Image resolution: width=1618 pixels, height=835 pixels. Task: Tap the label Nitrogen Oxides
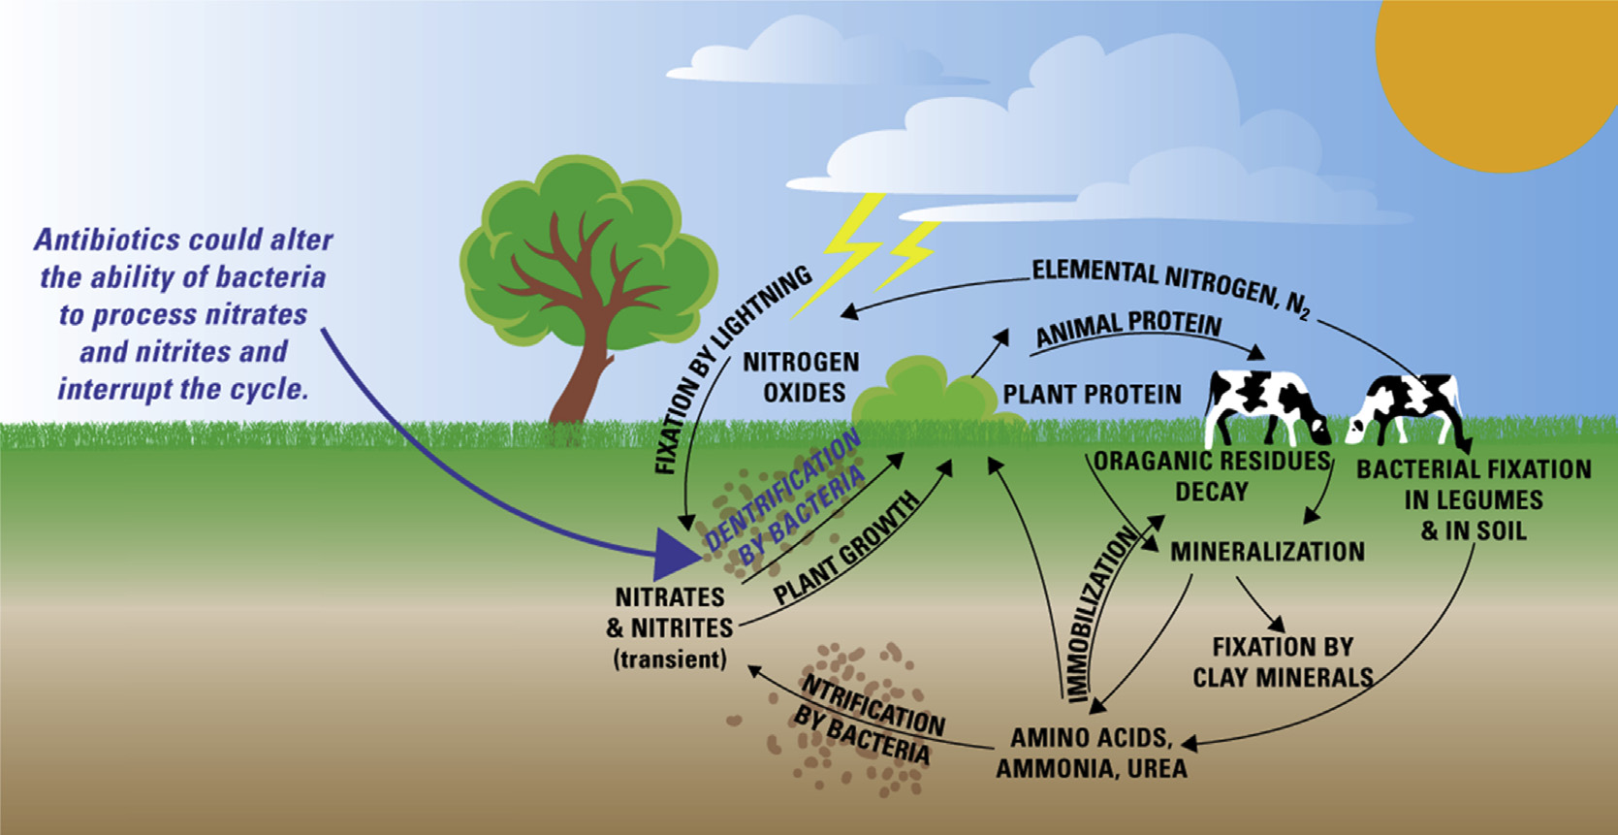point(802,377)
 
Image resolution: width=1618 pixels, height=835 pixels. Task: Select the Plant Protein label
point(1092,395)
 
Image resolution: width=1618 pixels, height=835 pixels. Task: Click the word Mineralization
point(1267,552)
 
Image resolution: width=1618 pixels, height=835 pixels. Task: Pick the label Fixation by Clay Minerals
point(1283,662)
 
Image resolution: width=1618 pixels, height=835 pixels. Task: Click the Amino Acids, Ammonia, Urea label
point(1092,754)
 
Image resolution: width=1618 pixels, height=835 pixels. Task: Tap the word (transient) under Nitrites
point(670,659)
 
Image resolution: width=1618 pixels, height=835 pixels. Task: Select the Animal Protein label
point(1128,327)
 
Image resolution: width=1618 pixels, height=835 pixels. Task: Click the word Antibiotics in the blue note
point(107,240)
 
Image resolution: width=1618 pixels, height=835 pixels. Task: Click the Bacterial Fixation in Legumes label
point(1473,499)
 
